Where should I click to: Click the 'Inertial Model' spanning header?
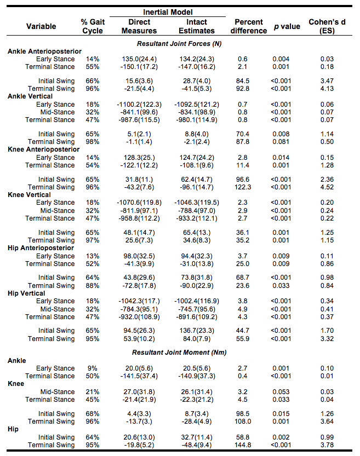[x=167, y=11]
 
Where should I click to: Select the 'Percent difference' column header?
[x=249, y=26]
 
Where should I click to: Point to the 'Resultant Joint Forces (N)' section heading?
[x=179, y=43]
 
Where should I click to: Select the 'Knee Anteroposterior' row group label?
[x=44, y=149]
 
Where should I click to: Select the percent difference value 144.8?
[x=241, y=445]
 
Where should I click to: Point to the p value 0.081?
[x=283, y=142]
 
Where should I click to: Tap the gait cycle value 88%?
[x=93, y=286]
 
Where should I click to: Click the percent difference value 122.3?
[x=241, y=187]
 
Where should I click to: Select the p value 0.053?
[x=283, y=392]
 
